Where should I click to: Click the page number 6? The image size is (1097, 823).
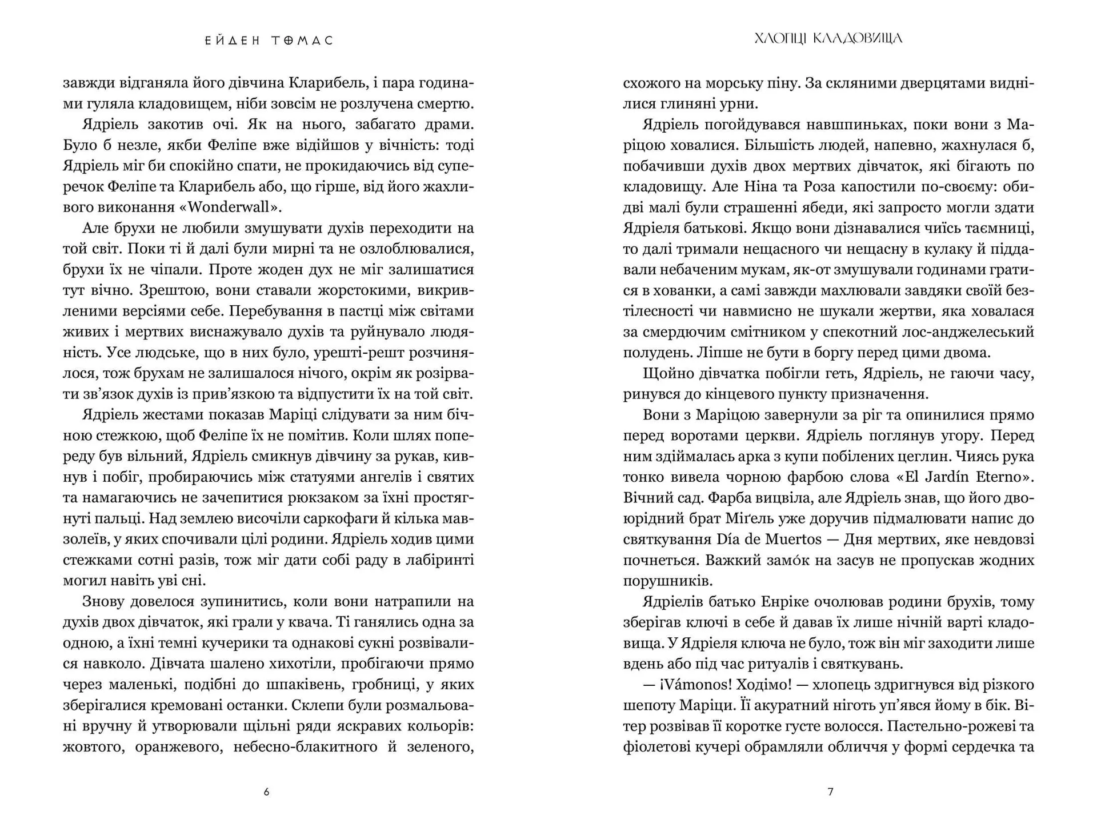coord(266,792)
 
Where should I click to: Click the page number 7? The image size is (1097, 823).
coord(830,792)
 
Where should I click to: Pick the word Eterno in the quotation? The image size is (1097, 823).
coord(1006,477)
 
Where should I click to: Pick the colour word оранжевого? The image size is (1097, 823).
coord(179,746)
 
